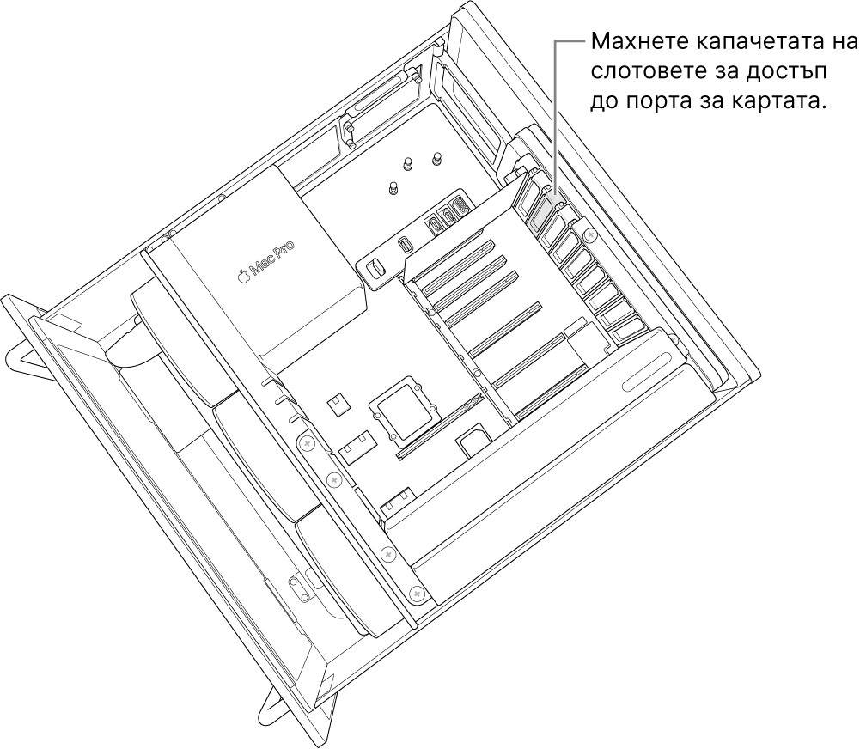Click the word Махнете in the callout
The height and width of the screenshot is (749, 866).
point(628,43)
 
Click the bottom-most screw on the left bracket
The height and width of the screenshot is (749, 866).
point(417,593)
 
